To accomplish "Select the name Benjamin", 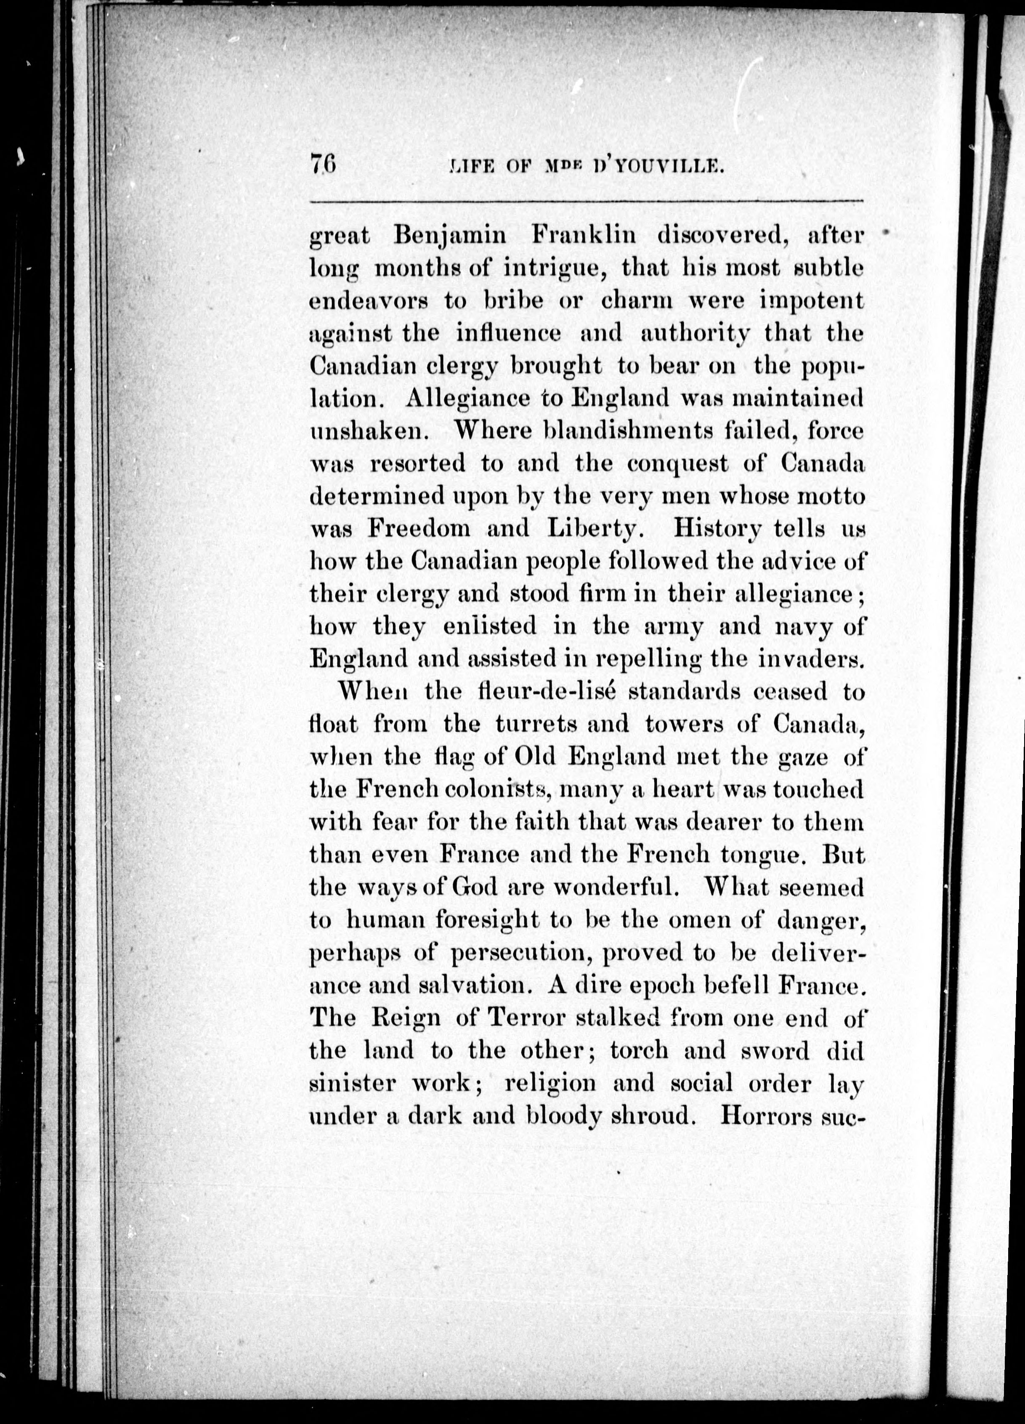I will point(449,236).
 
